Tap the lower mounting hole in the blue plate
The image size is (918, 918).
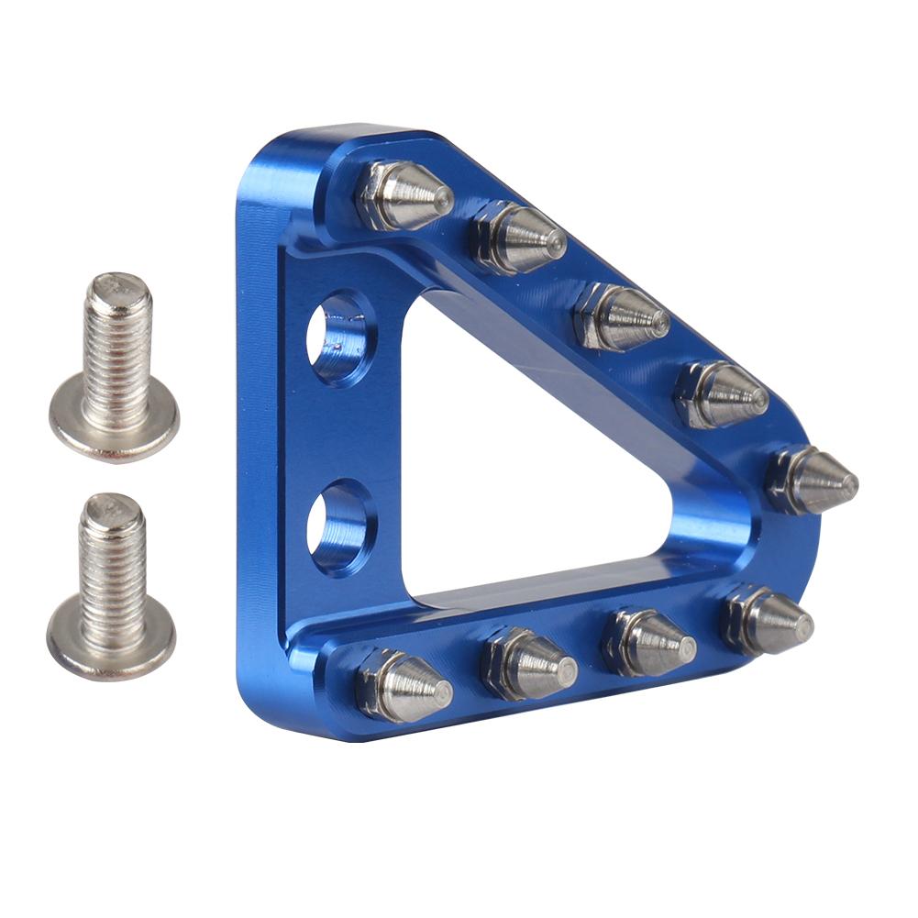340,527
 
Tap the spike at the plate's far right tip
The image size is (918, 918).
812,480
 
